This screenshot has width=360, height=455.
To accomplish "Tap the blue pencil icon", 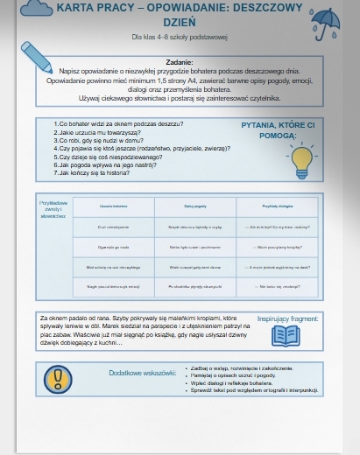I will pyautogui.click(x=36, y=54).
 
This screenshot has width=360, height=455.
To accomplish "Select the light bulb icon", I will pyautogui.click(x=302, y=158).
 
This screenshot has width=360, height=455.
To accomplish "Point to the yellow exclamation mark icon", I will pyautogui.click(x=58, y=377).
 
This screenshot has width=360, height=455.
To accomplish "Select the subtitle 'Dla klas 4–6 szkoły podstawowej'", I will pyautogui.click(x=179, y=38).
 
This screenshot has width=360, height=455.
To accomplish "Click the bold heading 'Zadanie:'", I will pyautogui.click(x=179, y=63).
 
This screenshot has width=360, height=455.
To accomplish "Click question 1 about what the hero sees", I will pyautogui.click(x=113, y=124).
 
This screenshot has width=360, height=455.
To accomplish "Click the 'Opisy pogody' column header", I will pyautogui.click(x=194, y=206).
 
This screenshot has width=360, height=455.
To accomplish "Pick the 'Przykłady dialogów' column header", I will pyautogui.click(x=276, y=206).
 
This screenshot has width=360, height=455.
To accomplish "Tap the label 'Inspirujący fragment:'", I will pyautogui.click(x=288, y=318).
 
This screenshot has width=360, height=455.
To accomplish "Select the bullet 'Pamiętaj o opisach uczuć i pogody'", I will pyautogui.click(x=231, y=375).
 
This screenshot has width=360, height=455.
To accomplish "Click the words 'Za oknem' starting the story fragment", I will pyautogui.click(x=53, y=318).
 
